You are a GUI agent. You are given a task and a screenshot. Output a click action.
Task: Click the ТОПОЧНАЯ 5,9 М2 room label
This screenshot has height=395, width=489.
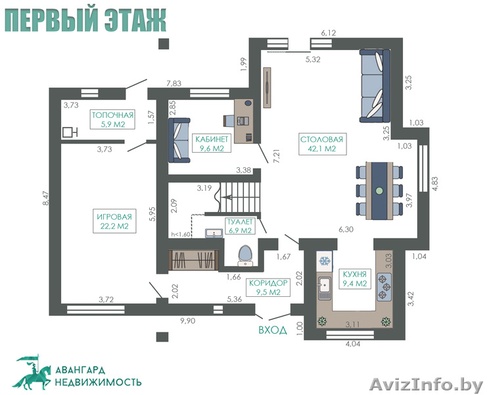pyautogui.click(x=112, y=119)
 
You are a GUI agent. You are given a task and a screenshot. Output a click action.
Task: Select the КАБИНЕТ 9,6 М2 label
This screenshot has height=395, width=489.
pyautogui.click(x=212, y=144)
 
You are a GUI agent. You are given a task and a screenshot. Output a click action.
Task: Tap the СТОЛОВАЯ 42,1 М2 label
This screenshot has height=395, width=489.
pyautogui.click(x=322, y=144)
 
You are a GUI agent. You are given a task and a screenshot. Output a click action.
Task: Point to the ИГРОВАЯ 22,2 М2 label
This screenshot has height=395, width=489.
pyautogui.click(x=114, y=221)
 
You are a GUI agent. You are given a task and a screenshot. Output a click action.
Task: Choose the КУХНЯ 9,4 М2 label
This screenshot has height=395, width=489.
pyautogui.click(x=354, y=279)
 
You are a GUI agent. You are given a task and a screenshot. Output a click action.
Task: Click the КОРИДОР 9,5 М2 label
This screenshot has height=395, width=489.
pyautogui.click(x=268, y=287)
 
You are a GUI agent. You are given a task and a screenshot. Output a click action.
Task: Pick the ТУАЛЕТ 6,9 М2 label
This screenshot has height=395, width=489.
pyautogui.click(x=240, y=226)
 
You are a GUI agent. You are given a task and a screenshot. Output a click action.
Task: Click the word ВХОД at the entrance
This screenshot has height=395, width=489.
pyautogui.click(x=273, y=330)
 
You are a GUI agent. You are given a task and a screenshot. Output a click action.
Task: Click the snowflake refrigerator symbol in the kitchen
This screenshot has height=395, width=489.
pyautogui.click(x=325, y=261)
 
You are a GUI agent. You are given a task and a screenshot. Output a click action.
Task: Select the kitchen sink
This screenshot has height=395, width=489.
pyautogui.click(x=325, y=288)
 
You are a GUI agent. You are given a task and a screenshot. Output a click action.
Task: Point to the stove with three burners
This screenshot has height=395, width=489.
pyautogui.click(x=384, y=286)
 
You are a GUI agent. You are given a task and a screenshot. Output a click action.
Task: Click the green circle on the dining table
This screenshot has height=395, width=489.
pyautogui.click(x=379, y=190)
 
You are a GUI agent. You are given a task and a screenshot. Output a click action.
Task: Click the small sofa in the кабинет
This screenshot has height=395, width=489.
pyautogui.click(x=179, y=140)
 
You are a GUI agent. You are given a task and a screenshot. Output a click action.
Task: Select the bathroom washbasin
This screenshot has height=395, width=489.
pyautogui.click(x=214, y=233)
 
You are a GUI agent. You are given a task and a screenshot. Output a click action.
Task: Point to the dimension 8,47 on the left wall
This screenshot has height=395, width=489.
pyautogui.click(x=46, y=198)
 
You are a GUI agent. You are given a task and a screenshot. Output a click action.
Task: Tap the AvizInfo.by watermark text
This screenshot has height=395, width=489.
pyautogui.click(x=426, y=384)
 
